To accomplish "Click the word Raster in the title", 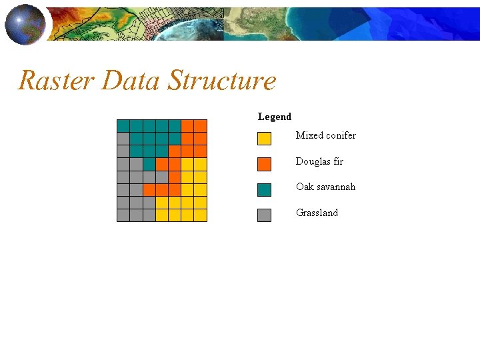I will pos(57,81).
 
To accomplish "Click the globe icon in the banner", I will pos(25,23).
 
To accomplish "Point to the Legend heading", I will pos(275,117).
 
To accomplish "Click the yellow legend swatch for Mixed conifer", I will pos(264,139).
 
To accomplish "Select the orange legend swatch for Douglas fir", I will pos(264,164).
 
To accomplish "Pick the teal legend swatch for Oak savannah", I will pos(264,190).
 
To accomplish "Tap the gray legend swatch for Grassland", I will pos(264,215).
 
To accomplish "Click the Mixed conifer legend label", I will pos(325,135).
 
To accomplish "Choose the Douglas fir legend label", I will pos(319,161).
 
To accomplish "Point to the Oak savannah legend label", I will pos(325,187).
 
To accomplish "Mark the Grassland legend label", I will pos(317,213).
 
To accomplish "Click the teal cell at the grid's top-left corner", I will pos(123,126).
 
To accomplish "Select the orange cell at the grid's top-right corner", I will pos(201,126).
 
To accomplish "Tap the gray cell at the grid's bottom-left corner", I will pos(123,215).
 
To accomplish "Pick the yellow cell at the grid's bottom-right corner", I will pos(201,215).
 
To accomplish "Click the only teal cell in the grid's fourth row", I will pos(149,164).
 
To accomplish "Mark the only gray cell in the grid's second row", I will pos(123,139).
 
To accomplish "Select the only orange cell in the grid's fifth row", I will pos(175,177).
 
